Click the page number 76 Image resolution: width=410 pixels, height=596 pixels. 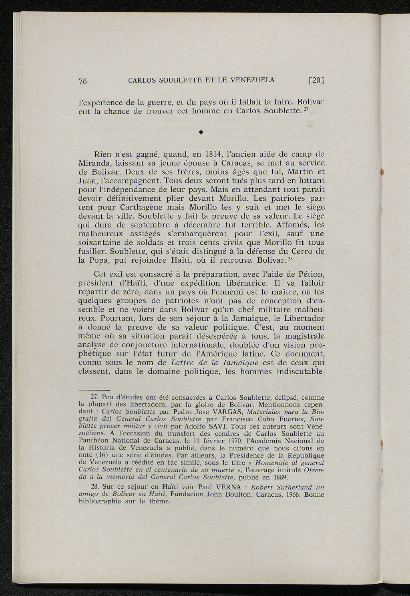coord(82,81)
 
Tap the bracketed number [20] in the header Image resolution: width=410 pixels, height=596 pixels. coord(316,80)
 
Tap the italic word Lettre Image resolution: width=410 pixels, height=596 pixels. coord(184,362)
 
